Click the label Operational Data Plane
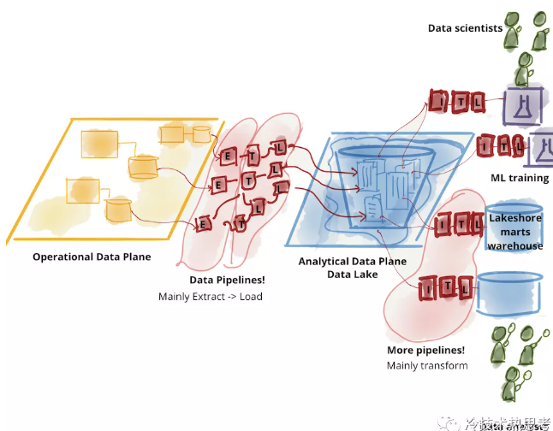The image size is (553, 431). click(92, 257)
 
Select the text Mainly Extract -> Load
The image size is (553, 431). click(211, 297)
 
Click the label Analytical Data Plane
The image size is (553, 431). click(352, 261)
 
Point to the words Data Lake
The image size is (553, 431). click(352, 275)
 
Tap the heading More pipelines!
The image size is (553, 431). click(426, 351)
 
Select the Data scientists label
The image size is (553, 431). click(466, 28)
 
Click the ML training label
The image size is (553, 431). click(520, 178)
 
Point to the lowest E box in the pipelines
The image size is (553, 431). click(204, 224)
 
